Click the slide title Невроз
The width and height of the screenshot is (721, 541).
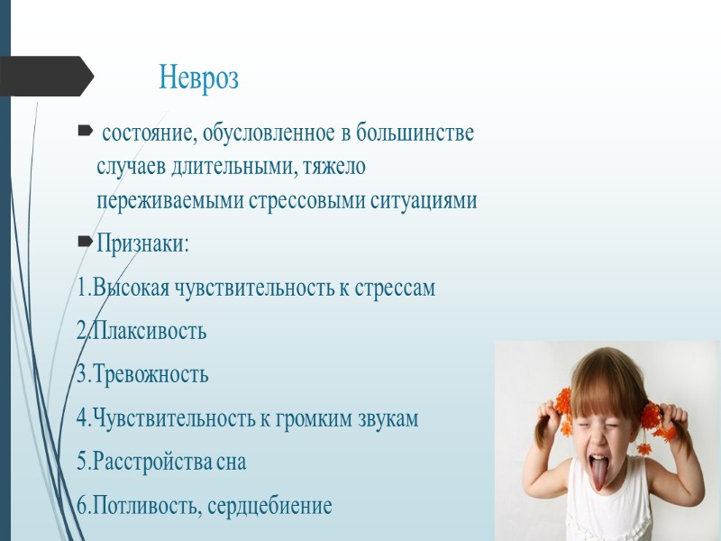[x=198, y=78]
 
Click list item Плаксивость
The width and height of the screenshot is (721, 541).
[x=148, y=331]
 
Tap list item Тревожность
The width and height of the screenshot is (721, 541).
[x=149, y=374]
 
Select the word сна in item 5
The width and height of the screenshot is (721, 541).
[x=230, y=462]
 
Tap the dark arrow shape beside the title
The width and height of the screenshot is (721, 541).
[x=45, y=77]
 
